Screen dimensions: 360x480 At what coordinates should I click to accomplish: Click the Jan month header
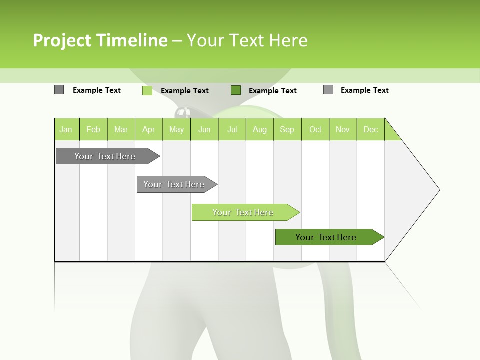(x=66, y=130)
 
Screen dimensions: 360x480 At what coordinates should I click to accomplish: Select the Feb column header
(x=93, y=130)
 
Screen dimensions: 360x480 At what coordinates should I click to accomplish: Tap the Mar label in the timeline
(x=121, y=130)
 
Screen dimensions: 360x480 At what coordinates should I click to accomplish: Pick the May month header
(x=176, y=130)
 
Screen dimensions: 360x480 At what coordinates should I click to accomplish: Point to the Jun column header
(x=204, y=130)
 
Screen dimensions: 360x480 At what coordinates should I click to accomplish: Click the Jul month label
(x=232, y=130)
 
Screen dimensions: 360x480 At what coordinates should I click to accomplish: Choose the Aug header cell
(x=260, y=130)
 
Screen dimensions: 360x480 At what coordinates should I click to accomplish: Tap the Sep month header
(x=287, y=130)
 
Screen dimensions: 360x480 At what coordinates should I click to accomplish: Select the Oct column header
(x=315, y=130)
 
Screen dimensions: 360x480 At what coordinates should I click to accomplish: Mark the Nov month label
(x=343, y=130)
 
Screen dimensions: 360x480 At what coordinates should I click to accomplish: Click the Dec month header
(x=370, y=130)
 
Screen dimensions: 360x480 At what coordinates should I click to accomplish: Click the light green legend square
(x=147, y=90)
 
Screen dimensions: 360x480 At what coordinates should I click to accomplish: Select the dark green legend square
(x=236, y=90)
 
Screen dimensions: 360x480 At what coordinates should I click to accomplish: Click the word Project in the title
(x=62, y=40)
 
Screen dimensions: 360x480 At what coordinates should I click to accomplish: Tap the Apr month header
(x=148, y=130)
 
